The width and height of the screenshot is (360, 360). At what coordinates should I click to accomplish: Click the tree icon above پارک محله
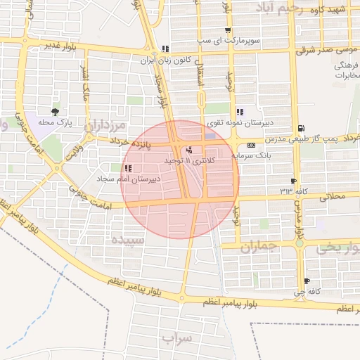click(55, 111)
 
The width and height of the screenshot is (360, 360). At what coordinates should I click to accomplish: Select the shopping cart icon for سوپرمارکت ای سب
click(227, 30)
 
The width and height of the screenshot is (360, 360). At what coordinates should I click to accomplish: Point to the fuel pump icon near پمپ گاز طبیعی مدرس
click(301, 128)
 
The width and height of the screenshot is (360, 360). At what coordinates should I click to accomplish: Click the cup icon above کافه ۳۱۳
click(293, 181)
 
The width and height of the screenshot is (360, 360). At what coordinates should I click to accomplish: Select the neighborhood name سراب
click(176, 338)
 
